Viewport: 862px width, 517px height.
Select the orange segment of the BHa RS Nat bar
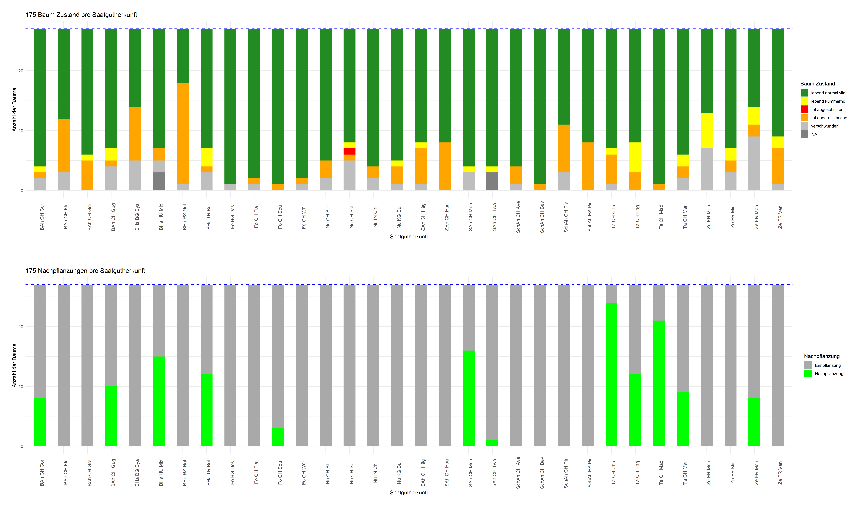[183, 133]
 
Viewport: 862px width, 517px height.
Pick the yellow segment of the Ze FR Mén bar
[707, 131]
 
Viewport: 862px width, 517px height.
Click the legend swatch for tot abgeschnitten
[805, 109]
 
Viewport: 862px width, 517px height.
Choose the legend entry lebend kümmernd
[828, 101]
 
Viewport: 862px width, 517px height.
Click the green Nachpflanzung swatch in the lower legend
[808, 374]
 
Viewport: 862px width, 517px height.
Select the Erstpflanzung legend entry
[828, 365]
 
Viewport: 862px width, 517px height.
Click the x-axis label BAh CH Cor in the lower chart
[42, 473]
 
